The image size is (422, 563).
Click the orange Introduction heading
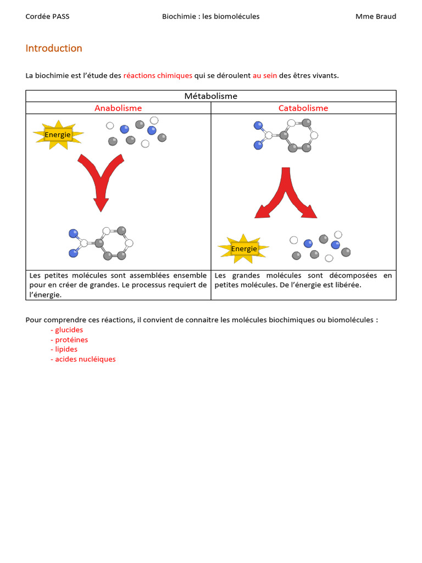tap(54, 48)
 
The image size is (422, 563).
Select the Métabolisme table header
tap(211, 96)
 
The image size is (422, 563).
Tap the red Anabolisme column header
tap(118, 108)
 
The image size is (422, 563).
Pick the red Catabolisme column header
tap(303, 108)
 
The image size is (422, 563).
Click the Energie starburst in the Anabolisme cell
tap(58, 135)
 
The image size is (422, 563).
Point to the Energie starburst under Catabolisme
tap(244, 249)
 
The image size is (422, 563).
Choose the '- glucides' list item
tap(67, 330)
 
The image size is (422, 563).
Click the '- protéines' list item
tap(69, 340)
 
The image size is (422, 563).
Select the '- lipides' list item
tap(64, 349)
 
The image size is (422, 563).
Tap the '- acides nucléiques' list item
tap(84, 359)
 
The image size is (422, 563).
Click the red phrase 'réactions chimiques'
tap(158, 75)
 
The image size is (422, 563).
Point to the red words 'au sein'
tap(265, 75)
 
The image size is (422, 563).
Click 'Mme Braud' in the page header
tap(376, 16)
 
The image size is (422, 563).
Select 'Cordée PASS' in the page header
tap(48, 16)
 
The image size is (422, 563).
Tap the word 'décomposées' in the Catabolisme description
tap(353, 275)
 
